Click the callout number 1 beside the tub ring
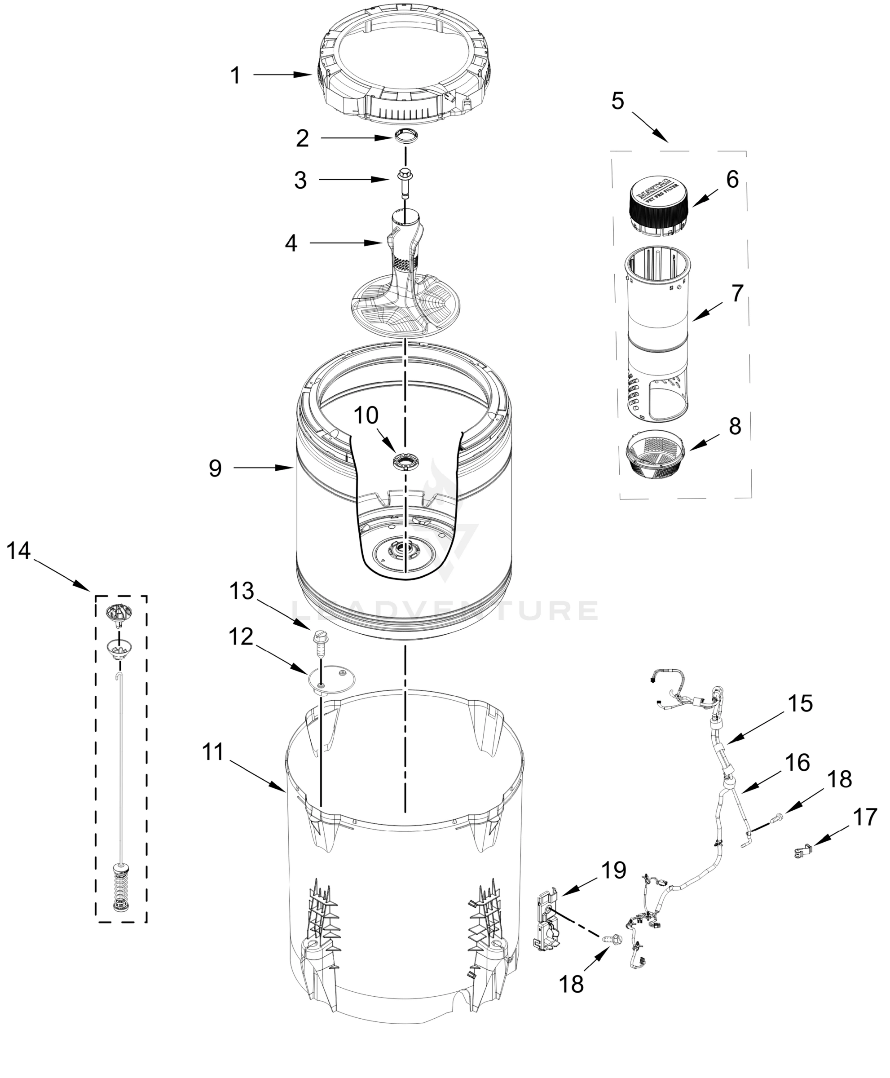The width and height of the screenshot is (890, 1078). click(x=235, y=76)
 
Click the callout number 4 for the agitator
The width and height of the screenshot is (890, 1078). click(x=291, y=243)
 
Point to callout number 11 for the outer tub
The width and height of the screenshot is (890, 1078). click(x=213, y=752)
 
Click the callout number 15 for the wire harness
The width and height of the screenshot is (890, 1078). click(x=800, y=704)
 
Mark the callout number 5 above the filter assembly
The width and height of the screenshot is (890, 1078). click(x=618, y=101)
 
